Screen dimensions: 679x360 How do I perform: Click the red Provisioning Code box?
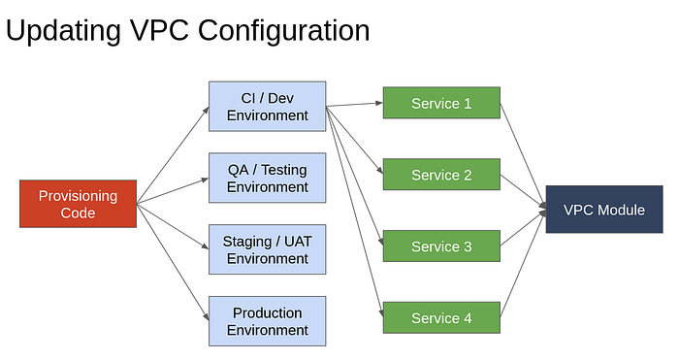[78, 204]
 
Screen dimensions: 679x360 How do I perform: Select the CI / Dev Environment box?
[267, 106]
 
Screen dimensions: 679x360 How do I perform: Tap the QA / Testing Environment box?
[267, 178]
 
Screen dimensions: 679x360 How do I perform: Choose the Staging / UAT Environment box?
[267, 249]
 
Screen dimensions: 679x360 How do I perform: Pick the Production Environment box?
[267, 321]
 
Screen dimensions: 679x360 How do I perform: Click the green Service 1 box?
[441, 103]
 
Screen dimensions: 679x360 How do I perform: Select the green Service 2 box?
[441, 174]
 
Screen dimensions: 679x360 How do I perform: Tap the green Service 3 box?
[441, 246]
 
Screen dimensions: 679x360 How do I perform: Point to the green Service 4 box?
[441, 317]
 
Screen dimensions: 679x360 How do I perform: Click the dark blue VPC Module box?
[604, 210]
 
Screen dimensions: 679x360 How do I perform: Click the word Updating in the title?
[63, 31]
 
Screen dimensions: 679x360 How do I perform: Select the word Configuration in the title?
[283, 31]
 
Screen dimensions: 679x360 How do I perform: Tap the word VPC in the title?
[159, 30]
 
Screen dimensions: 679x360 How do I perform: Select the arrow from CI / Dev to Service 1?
[354, 105]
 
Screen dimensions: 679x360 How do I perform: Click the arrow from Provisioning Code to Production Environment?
[173, 262]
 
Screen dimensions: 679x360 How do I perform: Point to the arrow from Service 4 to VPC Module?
[523, 264]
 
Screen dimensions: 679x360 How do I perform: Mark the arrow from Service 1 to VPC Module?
[523, 154]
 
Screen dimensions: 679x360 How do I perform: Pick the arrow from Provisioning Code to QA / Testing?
[173, 190]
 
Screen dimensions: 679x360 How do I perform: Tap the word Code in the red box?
[78, 213]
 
